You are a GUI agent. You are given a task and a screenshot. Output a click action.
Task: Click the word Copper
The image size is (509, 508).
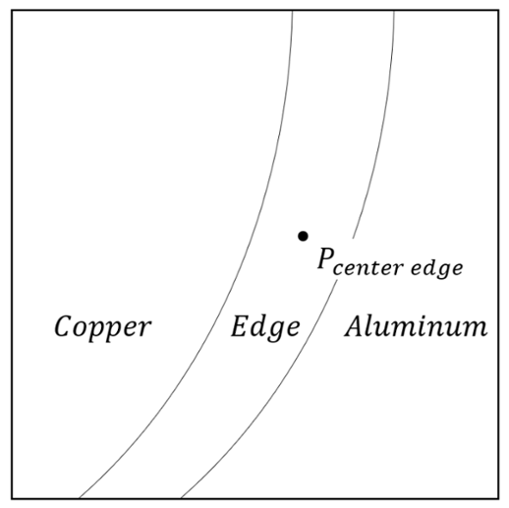coord(102,328)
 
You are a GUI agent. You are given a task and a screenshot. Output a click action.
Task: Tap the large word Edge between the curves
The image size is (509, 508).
coord(265,328)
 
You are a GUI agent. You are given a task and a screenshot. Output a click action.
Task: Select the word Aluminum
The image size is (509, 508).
coord(416,326)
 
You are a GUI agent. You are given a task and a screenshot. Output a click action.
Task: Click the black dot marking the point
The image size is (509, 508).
coord(303,236)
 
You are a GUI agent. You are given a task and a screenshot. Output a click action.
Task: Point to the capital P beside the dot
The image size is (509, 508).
coord(325,257)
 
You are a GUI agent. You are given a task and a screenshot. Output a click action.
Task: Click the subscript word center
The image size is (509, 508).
coord(368,268)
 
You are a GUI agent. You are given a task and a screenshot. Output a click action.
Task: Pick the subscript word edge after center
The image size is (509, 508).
coord(437,269)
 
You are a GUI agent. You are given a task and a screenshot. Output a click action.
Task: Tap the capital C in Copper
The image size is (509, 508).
coord(63,326)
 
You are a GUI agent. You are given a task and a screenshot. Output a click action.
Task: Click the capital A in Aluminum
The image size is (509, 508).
coord(355,326)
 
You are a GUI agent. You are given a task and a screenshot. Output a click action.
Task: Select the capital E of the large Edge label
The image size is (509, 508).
coord(241,326)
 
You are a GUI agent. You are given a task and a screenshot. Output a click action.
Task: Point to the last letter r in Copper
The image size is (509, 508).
coord(143,328)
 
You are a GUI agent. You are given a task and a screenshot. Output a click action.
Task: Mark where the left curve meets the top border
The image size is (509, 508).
coord(293,11)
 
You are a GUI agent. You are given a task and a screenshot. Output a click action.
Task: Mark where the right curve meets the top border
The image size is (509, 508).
coord(394,11)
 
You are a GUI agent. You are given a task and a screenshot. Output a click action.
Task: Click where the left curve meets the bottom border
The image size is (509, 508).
coord(79,498)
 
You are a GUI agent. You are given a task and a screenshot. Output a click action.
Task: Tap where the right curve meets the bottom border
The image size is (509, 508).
coord(181,498)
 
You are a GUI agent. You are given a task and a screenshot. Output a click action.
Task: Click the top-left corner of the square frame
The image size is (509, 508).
coord(12,10)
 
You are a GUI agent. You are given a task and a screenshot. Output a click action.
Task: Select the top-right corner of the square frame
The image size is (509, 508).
coord(499,10)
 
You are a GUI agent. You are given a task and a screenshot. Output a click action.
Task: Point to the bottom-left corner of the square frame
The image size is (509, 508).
coord(12,499)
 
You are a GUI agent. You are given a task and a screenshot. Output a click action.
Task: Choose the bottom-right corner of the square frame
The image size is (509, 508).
coord(499,499)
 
